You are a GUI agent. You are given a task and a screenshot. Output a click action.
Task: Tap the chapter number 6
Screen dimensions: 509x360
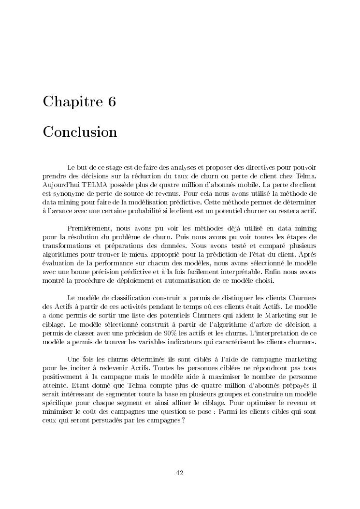(112, 102)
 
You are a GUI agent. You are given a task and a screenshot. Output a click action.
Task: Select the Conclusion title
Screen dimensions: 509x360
(80, 132)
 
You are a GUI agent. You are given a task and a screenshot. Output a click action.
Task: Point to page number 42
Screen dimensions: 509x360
(179, 473)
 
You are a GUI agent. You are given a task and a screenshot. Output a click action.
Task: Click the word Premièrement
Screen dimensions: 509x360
(90, 228)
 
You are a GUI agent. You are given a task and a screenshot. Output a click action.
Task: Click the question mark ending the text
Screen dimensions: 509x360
(184, 420)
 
